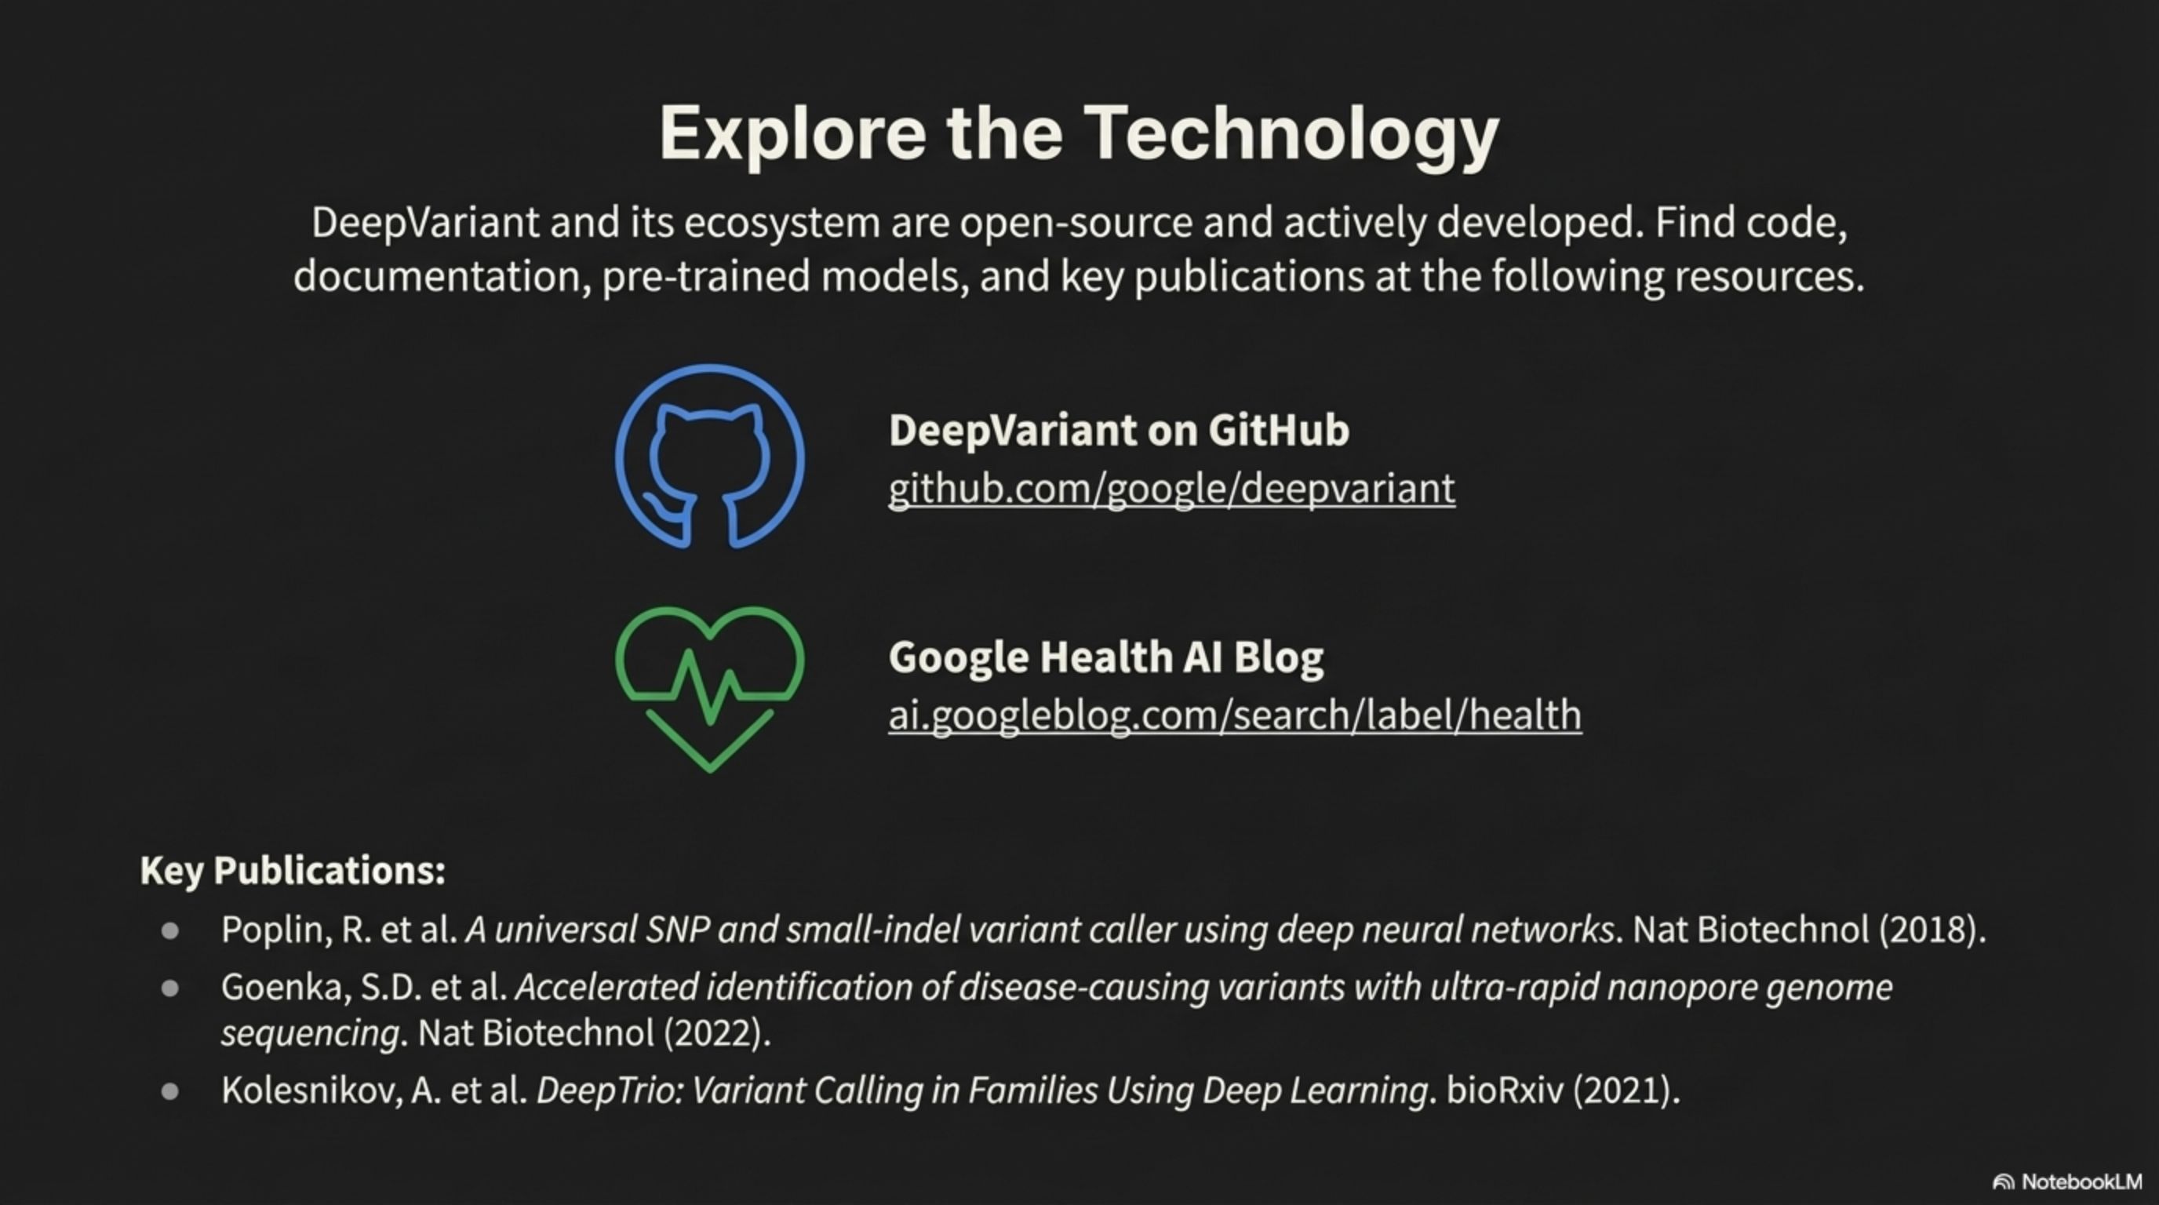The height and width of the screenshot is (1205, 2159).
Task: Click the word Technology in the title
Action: (1291, 135)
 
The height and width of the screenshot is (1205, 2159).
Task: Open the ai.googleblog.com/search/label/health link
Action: (1236, 715)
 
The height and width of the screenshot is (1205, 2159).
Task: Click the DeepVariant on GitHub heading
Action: (1119, 430)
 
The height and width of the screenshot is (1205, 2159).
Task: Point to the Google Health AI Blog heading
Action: (1106, 656)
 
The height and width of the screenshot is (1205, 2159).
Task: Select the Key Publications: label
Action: (293, 871)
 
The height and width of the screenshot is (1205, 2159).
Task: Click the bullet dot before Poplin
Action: (170, 931)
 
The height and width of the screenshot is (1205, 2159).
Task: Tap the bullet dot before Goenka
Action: (170, 988)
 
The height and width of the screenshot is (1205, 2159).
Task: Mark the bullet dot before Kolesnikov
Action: (170, 1091)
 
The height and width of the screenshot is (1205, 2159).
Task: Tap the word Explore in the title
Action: (793, 135)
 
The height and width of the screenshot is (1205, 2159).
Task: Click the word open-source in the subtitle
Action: (1076, 223)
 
